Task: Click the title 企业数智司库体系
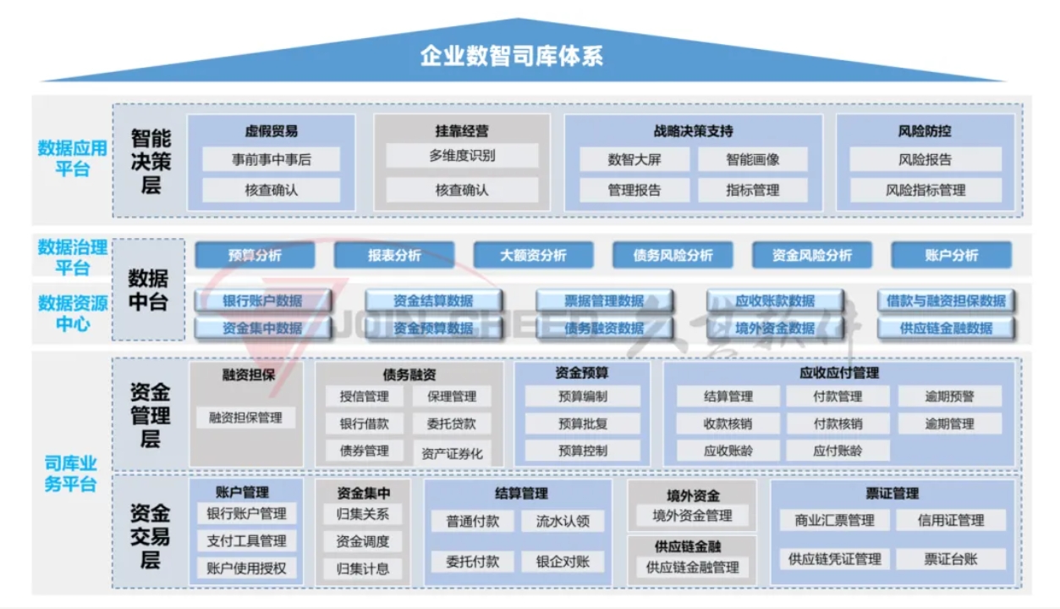[x=512, y=57]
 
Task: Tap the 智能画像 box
[x=752, y=159]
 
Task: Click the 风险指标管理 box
[x=925, y=191]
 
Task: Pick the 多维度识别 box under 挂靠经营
[x=462, y=156]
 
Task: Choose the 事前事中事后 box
[x=271, y=159]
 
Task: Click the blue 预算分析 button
[x=255, y=255]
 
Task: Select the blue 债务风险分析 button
[x=673, y=255]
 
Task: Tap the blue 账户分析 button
[x=951, y=255]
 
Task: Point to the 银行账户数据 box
[x=262, y=301]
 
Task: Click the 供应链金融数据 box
[x=946, y=328]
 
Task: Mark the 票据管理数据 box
[x=604, y=301]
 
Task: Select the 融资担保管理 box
[x=245, y=417]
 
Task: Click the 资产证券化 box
[x=452, y=453]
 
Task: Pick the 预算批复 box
[x=582, y=424]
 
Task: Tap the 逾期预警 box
[x=949, y=396]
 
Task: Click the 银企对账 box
[x=563, y=561]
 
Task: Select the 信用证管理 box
[x=950, y=520]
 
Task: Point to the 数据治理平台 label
[x=72, y=257]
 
